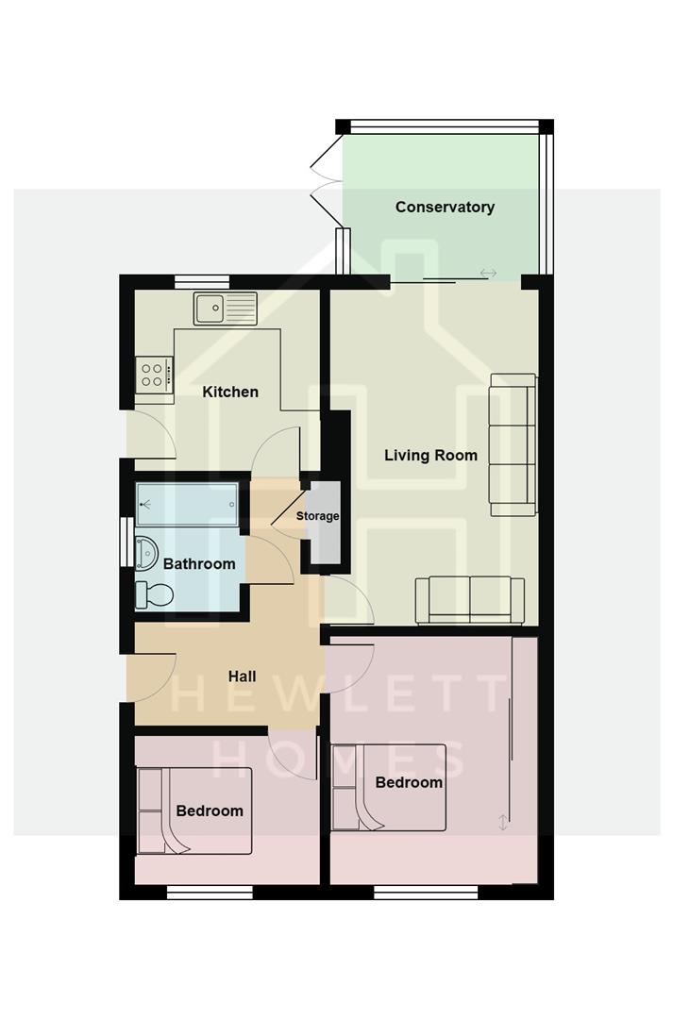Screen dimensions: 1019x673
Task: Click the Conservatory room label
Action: click(445, 207)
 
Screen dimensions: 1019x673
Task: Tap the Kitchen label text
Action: click(230, 392)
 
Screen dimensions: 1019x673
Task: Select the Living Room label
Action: click(430, 455)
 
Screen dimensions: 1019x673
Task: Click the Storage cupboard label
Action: click(317, 516)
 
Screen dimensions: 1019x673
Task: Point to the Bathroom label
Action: click(199, 564)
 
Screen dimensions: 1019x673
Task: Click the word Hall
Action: click(243, 677)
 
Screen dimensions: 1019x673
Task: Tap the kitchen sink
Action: click(225, 308)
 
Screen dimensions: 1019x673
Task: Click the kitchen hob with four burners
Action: click(154, 375)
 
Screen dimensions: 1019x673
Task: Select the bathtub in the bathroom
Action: click(187, 505)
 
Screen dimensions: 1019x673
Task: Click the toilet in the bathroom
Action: click(155, 595)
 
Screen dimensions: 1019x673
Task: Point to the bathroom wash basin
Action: click(145, 552)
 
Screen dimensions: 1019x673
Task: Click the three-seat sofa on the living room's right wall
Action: click(513, 444)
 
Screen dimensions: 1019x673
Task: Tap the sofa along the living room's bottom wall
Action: click(470, 599)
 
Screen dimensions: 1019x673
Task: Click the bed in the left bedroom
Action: click(194, 810)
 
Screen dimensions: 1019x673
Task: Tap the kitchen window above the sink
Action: click(202, 280)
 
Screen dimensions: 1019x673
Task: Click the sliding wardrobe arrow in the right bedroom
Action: click(503, 822)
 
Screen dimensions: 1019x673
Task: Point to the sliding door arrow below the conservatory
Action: click(488, 274)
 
